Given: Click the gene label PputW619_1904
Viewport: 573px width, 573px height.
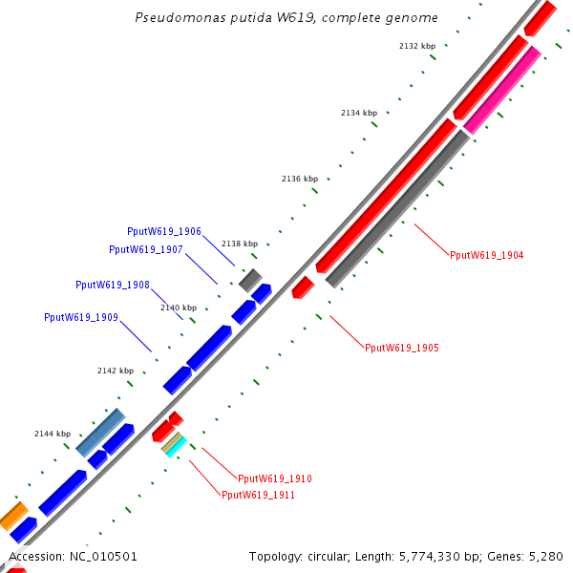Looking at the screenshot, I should pyautogui.click(x=487, y=255).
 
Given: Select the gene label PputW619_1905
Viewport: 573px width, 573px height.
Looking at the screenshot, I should pyautogui.click(x=402, y=348).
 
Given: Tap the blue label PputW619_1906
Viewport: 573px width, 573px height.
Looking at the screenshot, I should pyautogui.click(x=164, y=231).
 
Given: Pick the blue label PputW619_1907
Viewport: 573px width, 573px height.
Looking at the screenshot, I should pyautogui.click(x=146, y=249).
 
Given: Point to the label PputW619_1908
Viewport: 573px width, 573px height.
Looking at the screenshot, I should pyautogui.click(x=113, y=285).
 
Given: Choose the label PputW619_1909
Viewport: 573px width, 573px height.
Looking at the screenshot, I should pyautogui.click(x=81, y=317).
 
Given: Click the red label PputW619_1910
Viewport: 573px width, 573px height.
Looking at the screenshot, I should pyautogui.click(x=275, y=478).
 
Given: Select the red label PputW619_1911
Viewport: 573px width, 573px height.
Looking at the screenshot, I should pyautogui.click(x=258, y=495).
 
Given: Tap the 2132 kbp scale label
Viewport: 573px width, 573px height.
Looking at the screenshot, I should pyautogui.click(x=416, y=46).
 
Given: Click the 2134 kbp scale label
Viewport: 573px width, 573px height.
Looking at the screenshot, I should pyautogui.click(x=359, y=113).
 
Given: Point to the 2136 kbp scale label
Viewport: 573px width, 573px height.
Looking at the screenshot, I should pyautogui.click(x=299, y=179).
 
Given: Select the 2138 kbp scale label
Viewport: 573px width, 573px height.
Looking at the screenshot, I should pyautogui.click(x=240, y=244).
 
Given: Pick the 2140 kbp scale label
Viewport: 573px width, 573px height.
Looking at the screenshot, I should pyautogui.click(x=179, y=308).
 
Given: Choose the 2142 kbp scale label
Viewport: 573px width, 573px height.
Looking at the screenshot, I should pyautogui.click(x=116, y=371).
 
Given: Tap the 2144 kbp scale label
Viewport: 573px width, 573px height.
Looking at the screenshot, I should pyautogui.click(x=53, y=434).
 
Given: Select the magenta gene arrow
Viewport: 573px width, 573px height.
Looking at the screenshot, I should pyautogui.click(x=502, y=91).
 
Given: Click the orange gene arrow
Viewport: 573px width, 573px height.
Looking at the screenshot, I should pyautogui.click(x=12, y=517).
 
